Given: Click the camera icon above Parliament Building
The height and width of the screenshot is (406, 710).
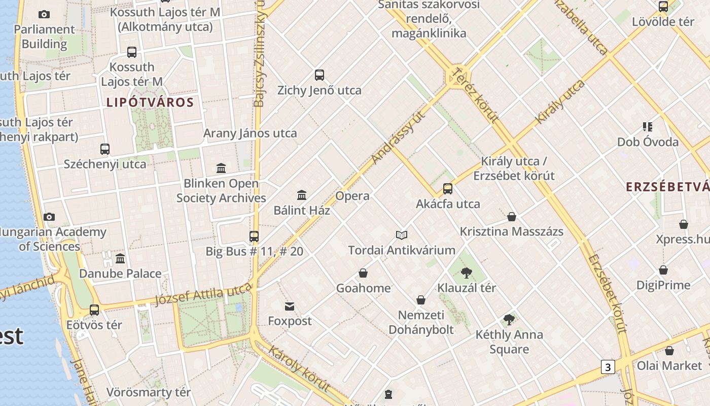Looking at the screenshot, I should tap(44, 14).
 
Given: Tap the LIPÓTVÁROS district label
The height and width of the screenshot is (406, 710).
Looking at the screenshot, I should tap(150, 103).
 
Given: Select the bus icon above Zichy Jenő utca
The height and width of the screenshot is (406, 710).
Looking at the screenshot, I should tap(319, 75).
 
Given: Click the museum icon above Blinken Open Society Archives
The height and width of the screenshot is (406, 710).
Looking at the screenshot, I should tap(221, 168).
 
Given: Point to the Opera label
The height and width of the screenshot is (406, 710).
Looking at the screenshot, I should tap(352, 196).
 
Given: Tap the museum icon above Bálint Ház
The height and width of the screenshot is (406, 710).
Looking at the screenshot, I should tap(302, 195).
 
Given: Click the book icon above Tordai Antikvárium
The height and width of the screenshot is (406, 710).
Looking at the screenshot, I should tap(402, 235).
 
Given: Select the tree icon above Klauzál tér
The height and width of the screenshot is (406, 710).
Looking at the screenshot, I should tap(467, 273).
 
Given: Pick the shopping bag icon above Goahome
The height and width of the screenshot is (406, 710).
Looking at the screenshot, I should tap(363, 273).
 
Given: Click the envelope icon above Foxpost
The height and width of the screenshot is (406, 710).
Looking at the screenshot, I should tap(290, 306).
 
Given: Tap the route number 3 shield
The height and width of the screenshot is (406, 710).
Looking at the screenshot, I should tap(608, 366).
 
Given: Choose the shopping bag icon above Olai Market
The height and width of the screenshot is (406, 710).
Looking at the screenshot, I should tap(669, 350).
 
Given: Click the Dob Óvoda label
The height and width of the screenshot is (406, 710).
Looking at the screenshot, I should tap(648, 142).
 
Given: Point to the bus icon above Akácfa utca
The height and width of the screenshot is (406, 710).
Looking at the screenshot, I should tap(448, 189).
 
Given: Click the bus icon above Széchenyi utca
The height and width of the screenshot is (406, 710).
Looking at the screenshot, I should tap(105, 149).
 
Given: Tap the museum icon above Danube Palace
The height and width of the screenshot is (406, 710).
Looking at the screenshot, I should tap(120, 259).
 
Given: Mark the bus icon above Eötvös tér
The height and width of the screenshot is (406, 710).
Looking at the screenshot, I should tap(94, 310).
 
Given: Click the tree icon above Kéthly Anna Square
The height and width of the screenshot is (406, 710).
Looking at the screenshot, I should tap(509, 320).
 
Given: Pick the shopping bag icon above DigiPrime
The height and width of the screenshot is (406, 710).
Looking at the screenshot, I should tap(663, 270).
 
